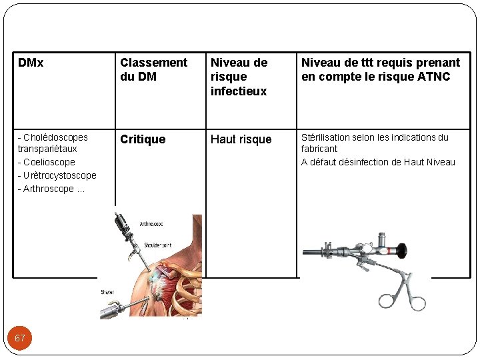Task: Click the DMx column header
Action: point(31,63)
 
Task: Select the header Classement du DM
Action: point(153,69)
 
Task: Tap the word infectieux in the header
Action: point(238,91)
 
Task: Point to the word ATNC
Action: point(435,77)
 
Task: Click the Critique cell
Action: point(142,139)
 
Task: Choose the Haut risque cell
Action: point(241,139)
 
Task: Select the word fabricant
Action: point(319,149)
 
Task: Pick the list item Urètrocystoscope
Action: point(57,175)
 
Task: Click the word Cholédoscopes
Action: point(55,137)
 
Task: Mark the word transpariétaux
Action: point(47,149)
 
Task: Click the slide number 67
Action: point(20,338)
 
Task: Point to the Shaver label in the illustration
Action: point(107,292)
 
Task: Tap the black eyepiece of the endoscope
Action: point(401,251)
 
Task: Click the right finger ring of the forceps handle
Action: point(417,303)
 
